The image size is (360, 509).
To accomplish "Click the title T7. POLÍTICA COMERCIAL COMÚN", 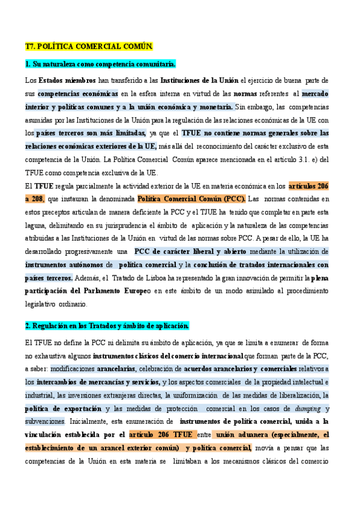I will [89, 46].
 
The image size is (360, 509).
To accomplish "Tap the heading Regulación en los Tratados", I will [107, 326].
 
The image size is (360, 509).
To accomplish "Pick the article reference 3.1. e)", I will [291, 159].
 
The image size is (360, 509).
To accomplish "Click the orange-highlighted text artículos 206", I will [308, 185].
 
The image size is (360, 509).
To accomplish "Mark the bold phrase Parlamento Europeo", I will [111, 291].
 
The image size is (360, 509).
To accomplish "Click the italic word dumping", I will [307, 408].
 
